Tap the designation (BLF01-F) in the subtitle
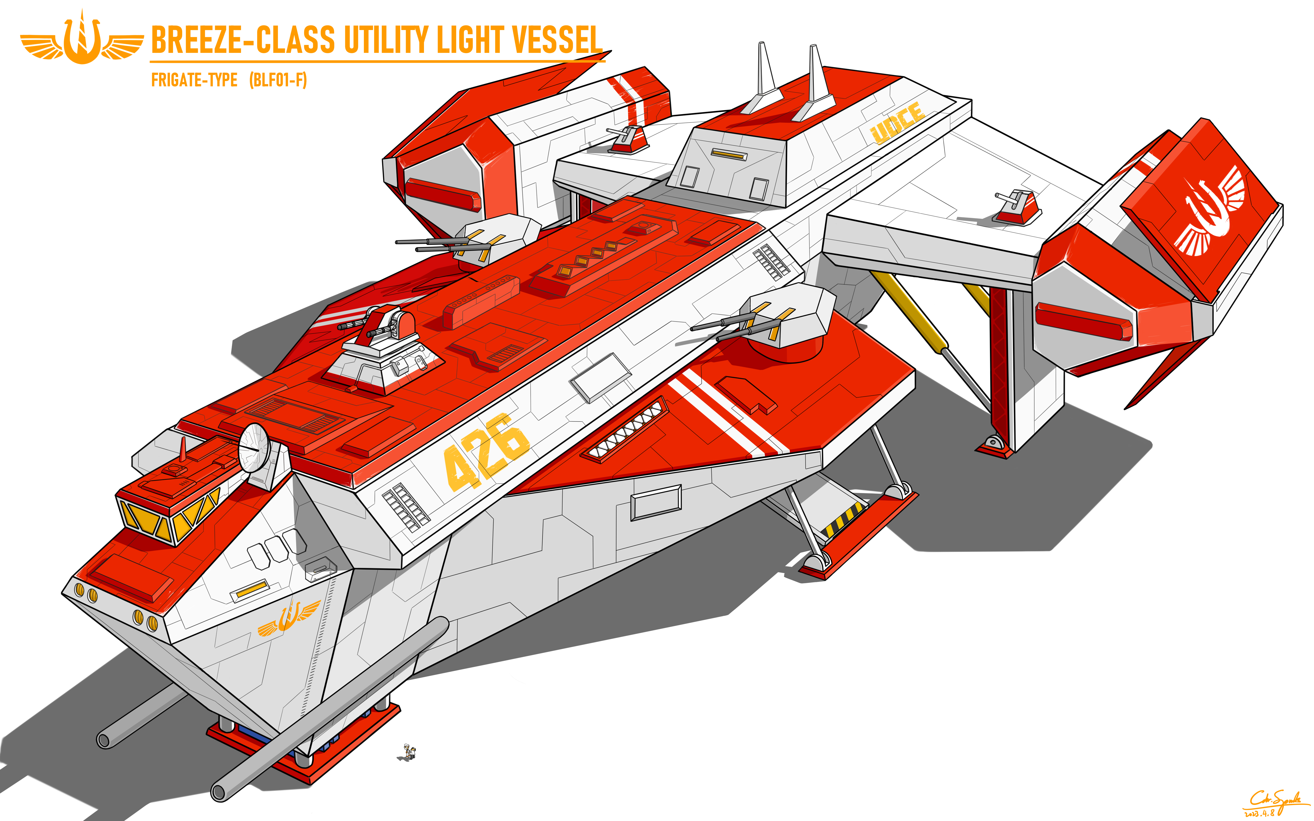tap(278, 80)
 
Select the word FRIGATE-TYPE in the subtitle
tap(194, 80)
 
